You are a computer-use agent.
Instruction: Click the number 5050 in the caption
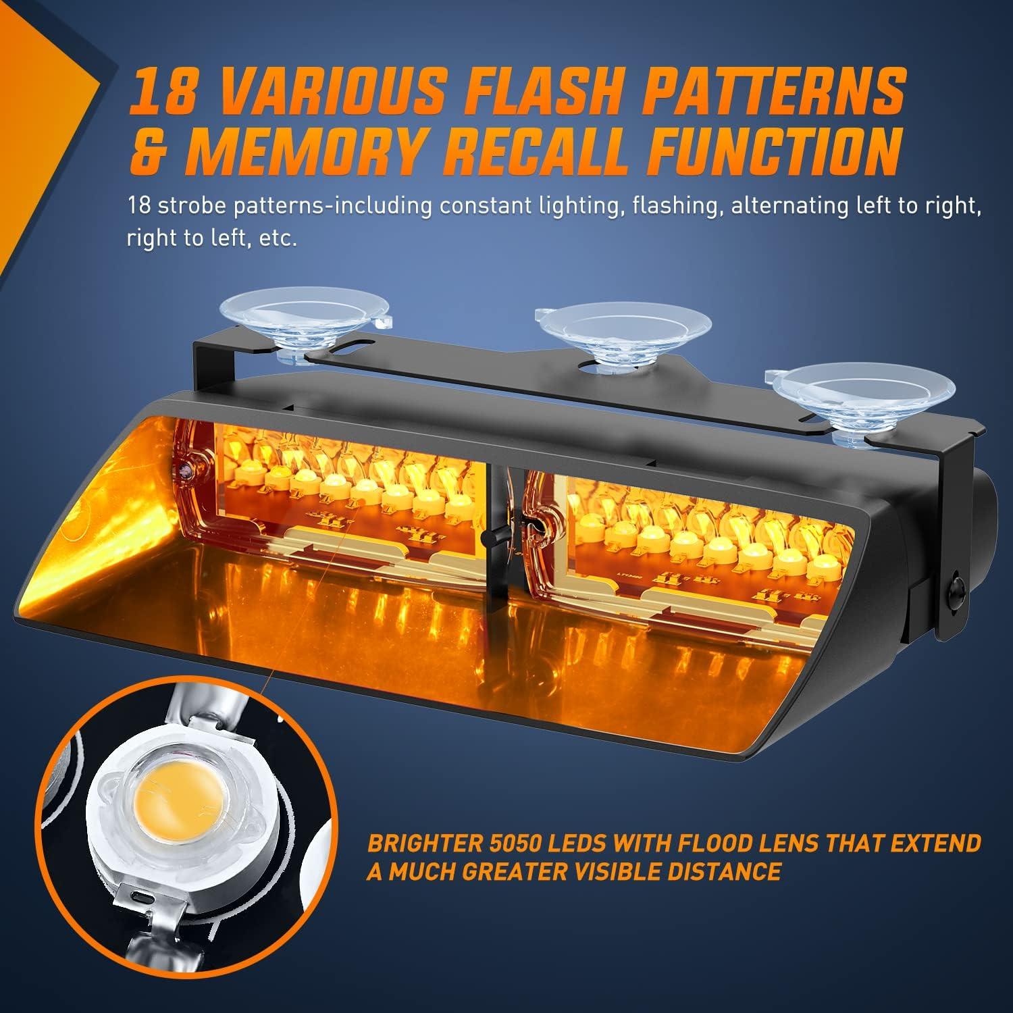click(x=523, y=844)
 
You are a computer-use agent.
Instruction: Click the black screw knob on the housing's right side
click(x=958, y=580)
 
